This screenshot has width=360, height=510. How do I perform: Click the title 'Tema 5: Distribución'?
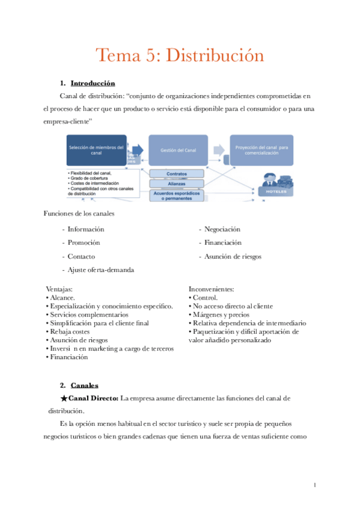pyautogui.click(x=180, y=56)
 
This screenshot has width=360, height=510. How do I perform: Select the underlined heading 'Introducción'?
pyautogui.click(x=93, y=83)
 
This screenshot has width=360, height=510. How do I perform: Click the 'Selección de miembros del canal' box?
pyautogui.click(x=96, y=150)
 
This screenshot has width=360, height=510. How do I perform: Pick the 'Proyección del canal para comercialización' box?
pyautogui.click(x=262, y=150)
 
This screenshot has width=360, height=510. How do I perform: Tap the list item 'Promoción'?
pyautogui.click(x=84, y=242)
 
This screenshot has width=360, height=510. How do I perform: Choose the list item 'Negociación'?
pyautogui.click(x=222, y=229)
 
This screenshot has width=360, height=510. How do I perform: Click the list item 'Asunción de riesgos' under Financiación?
pyautogui.click(x=233, y=256)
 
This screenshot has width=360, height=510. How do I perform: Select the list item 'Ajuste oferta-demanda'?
pyautogui.click(x=100, y=269)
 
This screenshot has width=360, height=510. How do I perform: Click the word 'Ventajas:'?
pyautogui.click(x=59, y=289)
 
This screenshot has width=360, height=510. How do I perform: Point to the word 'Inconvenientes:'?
pyautogui.click(x=211, y=289)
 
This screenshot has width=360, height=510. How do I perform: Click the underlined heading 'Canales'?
pyautogui.click(x=84, y=385)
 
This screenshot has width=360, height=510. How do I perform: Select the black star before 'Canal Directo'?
pyautogui.click(x=64, y=399)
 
